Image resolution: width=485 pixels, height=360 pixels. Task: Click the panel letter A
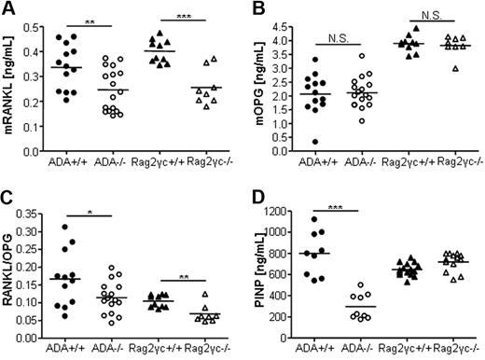click(8, 8)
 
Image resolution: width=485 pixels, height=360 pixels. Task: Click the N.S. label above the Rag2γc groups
click(428, 13)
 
